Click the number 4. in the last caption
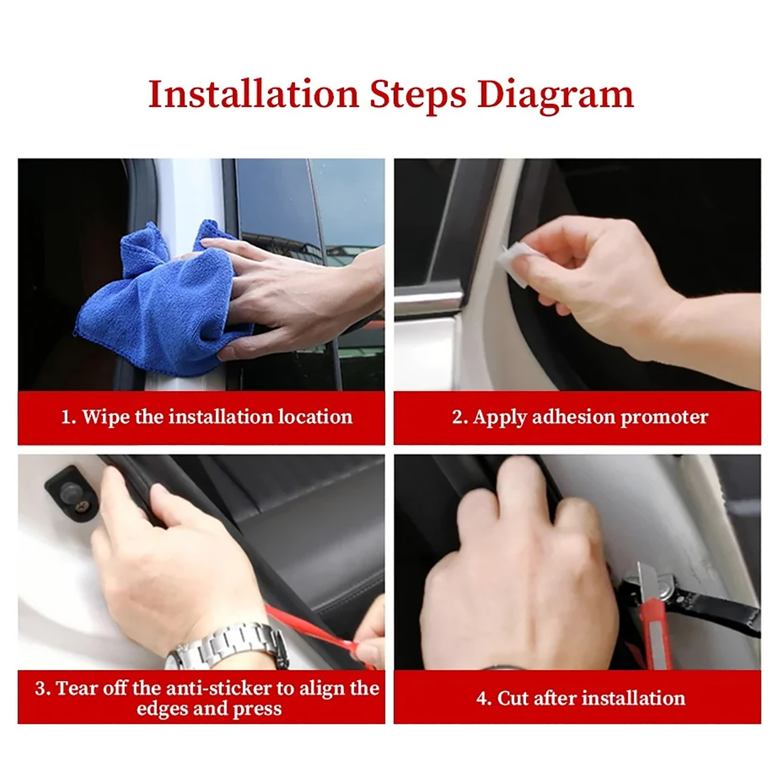(x=484, y=698)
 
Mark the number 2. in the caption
(x=460, y=417)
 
